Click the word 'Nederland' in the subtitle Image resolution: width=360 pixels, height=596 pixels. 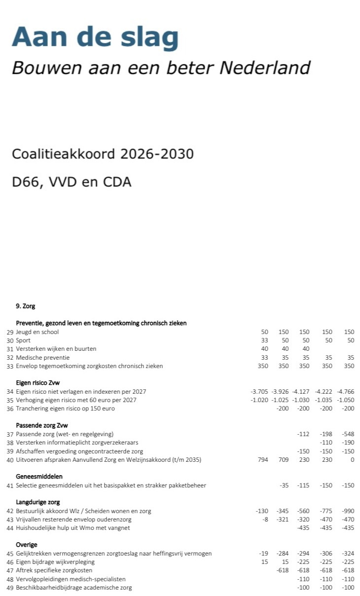point(265,68)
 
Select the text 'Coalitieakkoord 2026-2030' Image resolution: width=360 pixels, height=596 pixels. point(103,154)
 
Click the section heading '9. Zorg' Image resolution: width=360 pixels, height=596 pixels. point(25,306)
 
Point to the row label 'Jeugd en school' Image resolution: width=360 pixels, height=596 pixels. point(37,332)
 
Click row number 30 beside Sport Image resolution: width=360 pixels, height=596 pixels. point(10,340)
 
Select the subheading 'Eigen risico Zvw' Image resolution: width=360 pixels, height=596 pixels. point(37,383)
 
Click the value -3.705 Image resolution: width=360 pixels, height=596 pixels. point(259,392)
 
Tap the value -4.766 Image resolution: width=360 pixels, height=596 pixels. point(345,392)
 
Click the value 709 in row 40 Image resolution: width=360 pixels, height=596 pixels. point(283,460)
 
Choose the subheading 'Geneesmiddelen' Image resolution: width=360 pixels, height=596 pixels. point(39,477)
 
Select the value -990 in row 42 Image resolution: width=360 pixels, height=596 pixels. point(348,511)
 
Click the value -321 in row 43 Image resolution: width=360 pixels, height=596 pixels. point(282,520)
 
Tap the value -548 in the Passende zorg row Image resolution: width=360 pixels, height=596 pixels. point(348,434)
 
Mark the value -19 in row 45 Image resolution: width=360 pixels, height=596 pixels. point(263,554)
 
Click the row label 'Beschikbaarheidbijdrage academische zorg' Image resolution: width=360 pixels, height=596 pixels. point(74,588)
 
